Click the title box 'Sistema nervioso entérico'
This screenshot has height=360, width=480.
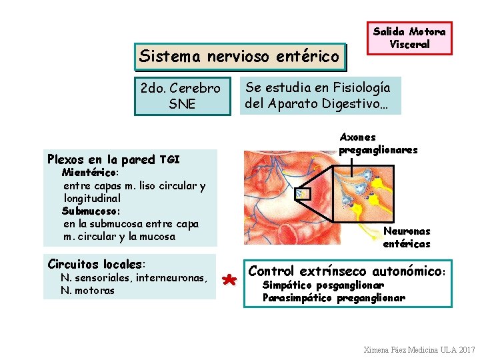pos(241,57)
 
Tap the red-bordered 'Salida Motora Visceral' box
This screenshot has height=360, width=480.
pos(410,39)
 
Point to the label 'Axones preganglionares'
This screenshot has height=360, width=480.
pos(378,143)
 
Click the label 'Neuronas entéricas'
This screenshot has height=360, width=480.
pos(407,237)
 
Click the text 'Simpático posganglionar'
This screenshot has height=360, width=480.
pos(323,285)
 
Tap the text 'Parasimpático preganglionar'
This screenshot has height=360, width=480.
pos(333,298)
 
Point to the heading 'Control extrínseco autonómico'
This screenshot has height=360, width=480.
pos(347,271)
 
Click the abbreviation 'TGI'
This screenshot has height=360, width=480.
pos(170,159)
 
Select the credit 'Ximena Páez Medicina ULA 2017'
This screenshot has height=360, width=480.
pos(419,349)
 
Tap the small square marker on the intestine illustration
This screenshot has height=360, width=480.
pos(303,194)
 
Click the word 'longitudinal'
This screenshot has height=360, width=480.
pos(92,198)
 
